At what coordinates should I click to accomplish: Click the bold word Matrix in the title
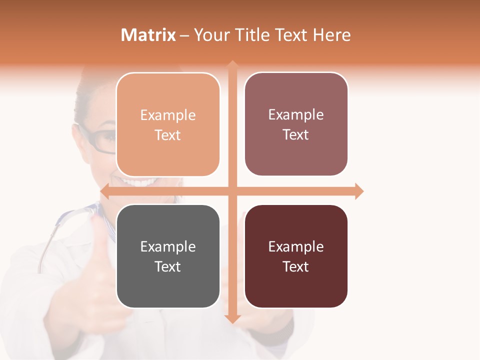click(x=148, y=35)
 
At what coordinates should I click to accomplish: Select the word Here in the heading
click(x=331, y=35)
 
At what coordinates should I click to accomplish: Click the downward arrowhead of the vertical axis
click(x=232, y=318)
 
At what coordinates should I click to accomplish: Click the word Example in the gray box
click(x=168, y=246)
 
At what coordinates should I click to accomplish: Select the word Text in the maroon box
click(x=296, y=266)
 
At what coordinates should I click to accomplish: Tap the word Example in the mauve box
click(x=296, y=115)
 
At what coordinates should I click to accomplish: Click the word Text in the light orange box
click(x=168, y=135)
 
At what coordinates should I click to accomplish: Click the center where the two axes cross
click(x=232, y=191)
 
